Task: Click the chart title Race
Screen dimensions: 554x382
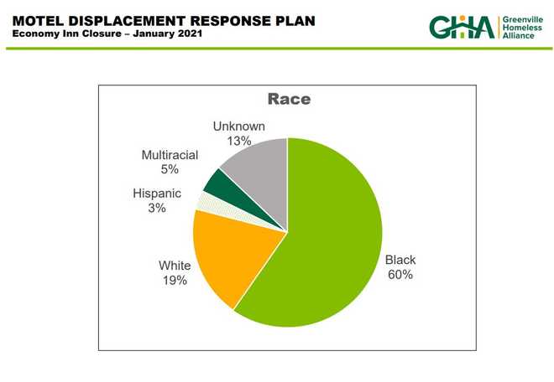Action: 289,99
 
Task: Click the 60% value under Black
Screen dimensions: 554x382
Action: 400,275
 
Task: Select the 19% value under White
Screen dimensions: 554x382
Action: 175,281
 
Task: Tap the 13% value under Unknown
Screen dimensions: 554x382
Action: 239,141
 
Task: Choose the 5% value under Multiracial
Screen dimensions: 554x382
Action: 170,169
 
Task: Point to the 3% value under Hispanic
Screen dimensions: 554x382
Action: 157,208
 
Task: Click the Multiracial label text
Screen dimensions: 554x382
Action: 170,155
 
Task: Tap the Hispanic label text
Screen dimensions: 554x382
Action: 157,194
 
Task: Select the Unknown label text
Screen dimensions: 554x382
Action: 239,126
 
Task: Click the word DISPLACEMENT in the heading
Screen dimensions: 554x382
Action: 127,21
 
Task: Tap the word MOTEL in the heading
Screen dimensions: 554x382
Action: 38,21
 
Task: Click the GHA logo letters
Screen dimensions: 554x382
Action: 462,27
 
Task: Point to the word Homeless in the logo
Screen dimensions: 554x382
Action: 522,28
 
